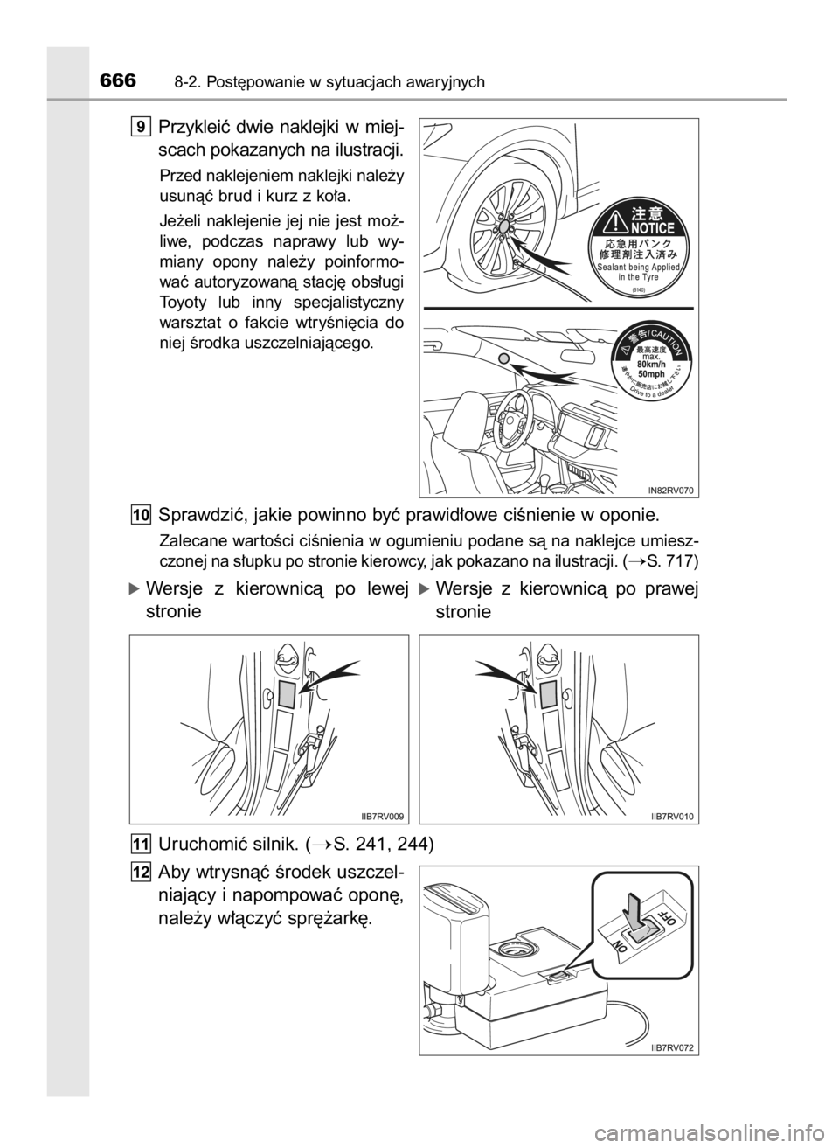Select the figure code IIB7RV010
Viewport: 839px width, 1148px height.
coord(672,816)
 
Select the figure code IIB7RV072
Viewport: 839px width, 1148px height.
coord(672,1047)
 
